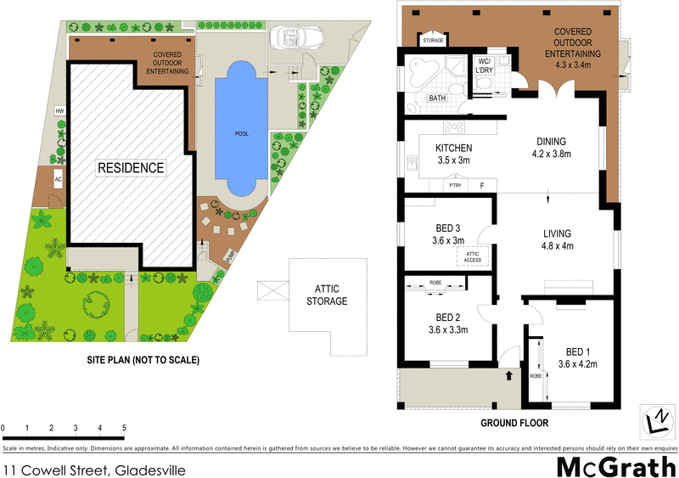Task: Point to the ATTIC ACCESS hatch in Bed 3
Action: point(473,254)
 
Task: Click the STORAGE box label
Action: point(433,39)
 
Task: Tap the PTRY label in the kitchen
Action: point(455,184)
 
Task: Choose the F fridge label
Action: point(481,184)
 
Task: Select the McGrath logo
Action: point(616,466)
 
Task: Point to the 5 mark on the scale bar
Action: point(125,428)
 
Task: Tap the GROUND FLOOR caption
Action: point(514,422)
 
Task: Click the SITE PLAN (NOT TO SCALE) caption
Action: point(143,360)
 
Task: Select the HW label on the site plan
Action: point(59,111)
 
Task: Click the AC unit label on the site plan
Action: point(59,179)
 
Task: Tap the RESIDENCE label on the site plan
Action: point(130,167)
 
